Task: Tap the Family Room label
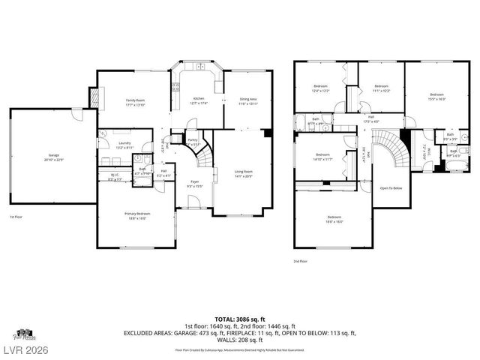tap(135, 100)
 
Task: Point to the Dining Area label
tap(247, 100)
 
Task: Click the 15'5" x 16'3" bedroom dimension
tap(436, 98)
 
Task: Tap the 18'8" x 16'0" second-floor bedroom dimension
tap(334, 222)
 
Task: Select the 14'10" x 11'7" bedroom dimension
tap(323, 158)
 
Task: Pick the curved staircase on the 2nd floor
tap(393, 154)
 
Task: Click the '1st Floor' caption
tap(16, 217)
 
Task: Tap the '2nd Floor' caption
tap(300, 262)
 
